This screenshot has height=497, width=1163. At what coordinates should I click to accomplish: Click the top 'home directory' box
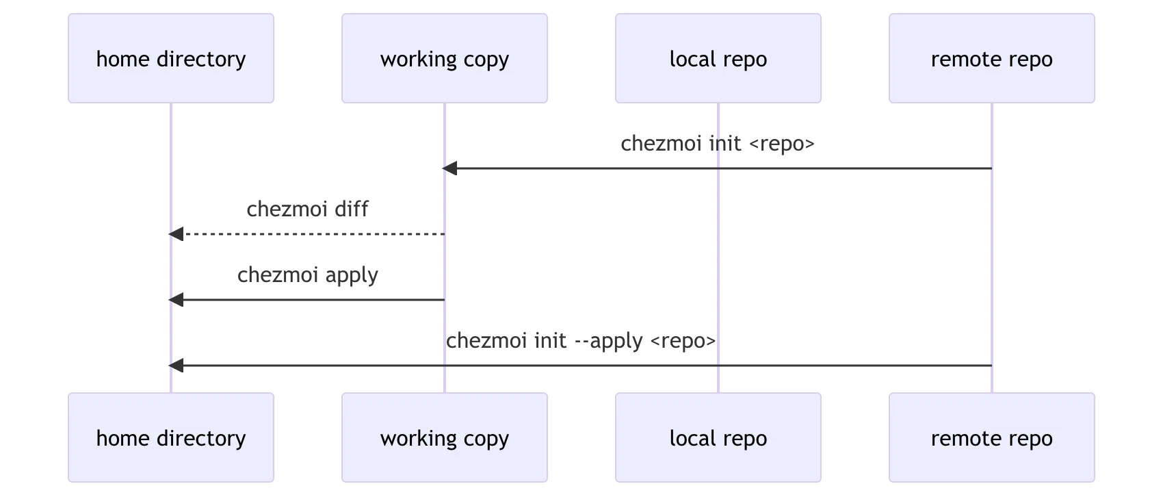point(171,58)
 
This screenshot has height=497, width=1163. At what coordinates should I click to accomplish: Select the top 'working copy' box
point(445,58)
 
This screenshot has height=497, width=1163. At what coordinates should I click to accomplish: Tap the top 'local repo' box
point(718,58)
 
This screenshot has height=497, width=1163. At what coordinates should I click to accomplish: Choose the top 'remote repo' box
point(992,58)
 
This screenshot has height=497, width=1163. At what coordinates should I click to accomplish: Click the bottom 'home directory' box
point(171,437)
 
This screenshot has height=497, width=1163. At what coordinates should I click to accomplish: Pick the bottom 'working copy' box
point(445,437)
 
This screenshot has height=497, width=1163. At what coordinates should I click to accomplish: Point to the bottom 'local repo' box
point(718,437)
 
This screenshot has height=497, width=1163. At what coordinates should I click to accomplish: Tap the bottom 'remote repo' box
point(992,437)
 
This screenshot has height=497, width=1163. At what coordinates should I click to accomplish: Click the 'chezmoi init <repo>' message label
point(717,144)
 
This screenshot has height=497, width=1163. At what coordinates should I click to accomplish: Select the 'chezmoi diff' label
point(307,209)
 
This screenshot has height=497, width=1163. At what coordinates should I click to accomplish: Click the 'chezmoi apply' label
point(307,275)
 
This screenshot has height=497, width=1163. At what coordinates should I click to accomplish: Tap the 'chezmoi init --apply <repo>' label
point(580,341)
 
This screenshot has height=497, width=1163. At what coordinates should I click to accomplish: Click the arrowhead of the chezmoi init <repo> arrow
point(449,168)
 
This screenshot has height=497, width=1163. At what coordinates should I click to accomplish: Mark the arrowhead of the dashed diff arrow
point(176,234)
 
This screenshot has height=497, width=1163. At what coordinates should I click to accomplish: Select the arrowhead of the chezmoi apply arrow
point(176,300)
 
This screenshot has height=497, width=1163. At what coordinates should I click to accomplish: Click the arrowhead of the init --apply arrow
point(176,366)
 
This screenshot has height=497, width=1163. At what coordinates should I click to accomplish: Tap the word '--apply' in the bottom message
point(608,341)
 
